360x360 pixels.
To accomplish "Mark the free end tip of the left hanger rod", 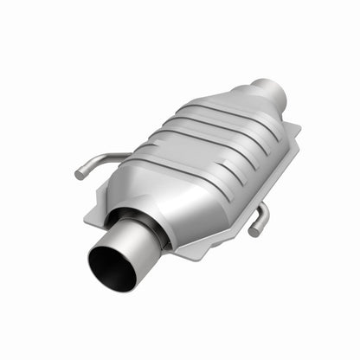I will [x=80, y=175].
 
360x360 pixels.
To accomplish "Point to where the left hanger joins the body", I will [x=128, y=157].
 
